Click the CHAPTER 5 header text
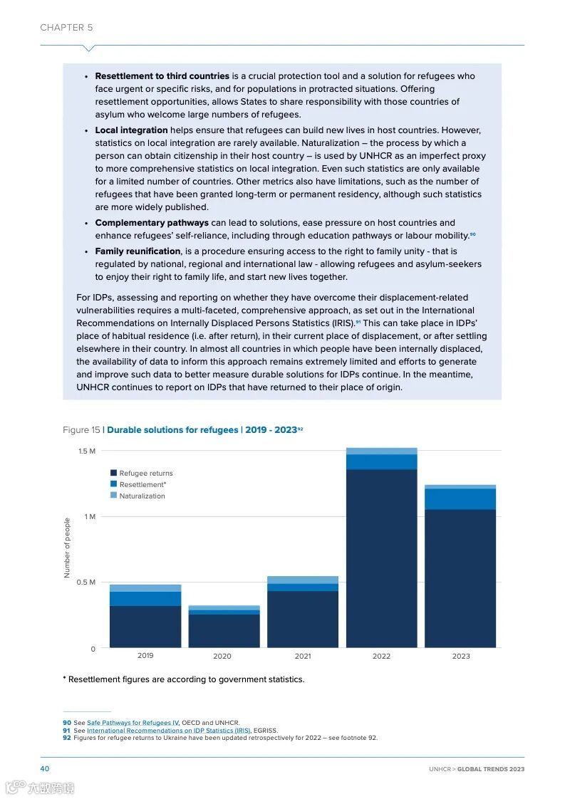coord(66,28)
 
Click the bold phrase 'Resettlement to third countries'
coord(162,76)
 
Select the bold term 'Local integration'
coord(131,130)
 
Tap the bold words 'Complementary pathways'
coord(152,223)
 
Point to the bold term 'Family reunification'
coord(138,251)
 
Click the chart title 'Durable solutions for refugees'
coord(172,430)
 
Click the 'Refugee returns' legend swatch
coord(113,473)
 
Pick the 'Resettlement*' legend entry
coord(142,484)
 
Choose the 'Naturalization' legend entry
coord(141,496)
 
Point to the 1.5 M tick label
coord(87,451)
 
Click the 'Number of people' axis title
coord(68,548)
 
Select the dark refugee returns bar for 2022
coord(381,558)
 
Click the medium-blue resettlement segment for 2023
coord(460,498)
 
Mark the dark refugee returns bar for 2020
coord(224,630)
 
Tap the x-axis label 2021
coord(302,656)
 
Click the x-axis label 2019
coord(145,656)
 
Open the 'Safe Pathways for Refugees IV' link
coord(133,723)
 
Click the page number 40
coord(44,769)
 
